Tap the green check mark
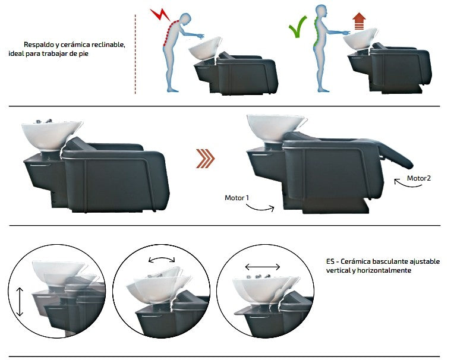(298, 28)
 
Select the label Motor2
(419, 178)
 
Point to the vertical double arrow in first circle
(21, 302)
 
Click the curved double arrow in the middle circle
(162, 259)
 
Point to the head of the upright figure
(321, 11)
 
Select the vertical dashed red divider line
(135, 53)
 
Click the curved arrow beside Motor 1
(260, 207)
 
